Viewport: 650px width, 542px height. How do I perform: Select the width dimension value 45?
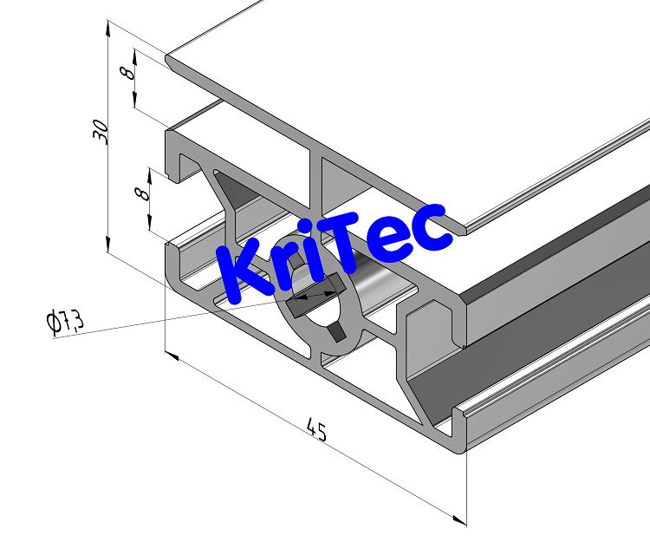tap(317, 429)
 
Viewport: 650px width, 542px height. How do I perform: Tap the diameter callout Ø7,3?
tap(65, 323)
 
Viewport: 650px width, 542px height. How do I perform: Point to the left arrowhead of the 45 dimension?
tap(171, 356)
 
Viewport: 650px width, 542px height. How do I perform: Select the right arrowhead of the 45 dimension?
tap(460, 519)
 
